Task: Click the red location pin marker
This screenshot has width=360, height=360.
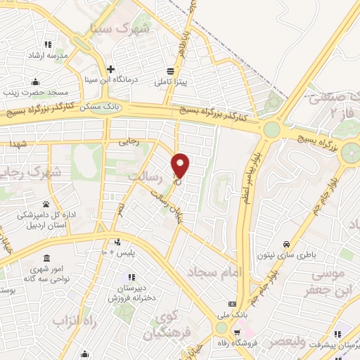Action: (181, 165)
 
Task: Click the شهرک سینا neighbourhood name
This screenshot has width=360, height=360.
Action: (120, 30)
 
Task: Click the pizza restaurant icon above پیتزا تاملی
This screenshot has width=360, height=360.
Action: (170, 70)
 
